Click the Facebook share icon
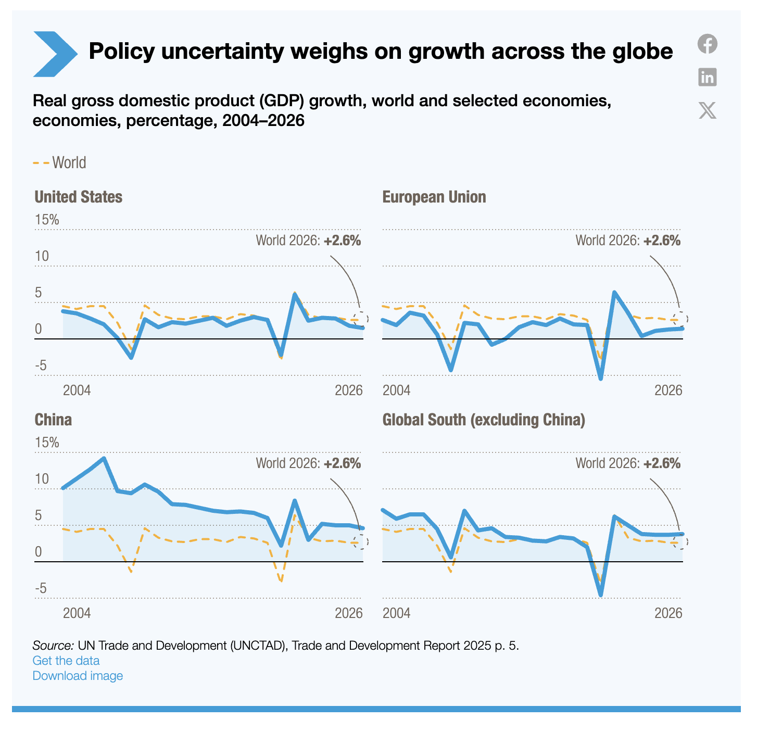pyautogui.click(x=707, y=44)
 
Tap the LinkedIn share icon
pyautogui.click(x=707, y=77)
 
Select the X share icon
pyautogui.click(x=707, y=110)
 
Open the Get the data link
pyautogui.click(x=66, y=661)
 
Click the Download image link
pyautogui.click(x=78, y=676)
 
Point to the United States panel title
pyautogui.click(x=78, y=197)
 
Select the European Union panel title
pyautogui.click(x=434, y=197)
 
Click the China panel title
pyautogui.click(x=53, y=420)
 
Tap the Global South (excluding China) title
pyautogui.click(x=483, y=420)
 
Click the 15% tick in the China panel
pyautogui.click(x=47, y=443)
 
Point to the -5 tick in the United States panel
pyautogui.click(x=41, y=366)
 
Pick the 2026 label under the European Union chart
pyautogui.click(x=668, y=390)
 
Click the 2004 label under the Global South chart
pyautogui.click(x=396, y=613)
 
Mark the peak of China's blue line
pyautogui.click(x=104, y=459)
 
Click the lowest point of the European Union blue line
pyautogui.click(x=601, y=378)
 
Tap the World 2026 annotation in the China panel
pyautogui.click(x=308, y=463)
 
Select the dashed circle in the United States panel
pyautogui.click(x=360, y=319)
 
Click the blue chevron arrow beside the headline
pyautogui.click(x=55, y=54)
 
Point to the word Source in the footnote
pyautogui.click(x=53, y=646)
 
